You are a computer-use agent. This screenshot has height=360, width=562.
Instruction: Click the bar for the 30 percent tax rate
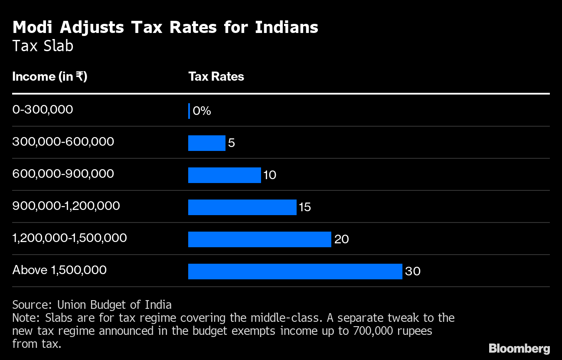click(x=295, y=271)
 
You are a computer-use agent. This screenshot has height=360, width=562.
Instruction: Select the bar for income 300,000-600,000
click(x=206, y=143)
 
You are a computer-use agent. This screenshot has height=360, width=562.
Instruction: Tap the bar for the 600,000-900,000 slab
click(x=224, y=175)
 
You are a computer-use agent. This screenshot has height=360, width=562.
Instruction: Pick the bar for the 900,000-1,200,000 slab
click(x=242, y=207)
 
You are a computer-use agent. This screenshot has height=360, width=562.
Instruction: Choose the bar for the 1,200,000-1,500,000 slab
click(x=259, y=239)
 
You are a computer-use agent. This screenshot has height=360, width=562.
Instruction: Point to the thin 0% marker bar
click(x=189, y=111)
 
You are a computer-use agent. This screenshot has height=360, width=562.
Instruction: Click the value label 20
click(x=342, y=239)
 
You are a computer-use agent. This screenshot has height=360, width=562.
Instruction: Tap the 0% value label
click(x=202, y=111)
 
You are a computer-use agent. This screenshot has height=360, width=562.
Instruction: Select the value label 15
click(x=305, y=207)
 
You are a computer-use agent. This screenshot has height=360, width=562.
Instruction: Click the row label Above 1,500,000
click(x=59, y=270)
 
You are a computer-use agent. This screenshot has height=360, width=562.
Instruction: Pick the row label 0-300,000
click(x=42, y=109)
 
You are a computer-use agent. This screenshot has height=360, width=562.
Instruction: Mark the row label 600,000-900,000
click(x=63, y=173)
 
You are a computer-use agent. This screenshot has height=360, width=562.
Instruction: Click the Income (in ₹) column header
click(x=50, y=76)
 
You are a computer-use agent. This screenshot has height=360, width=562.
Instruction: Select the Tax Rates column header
click(x=216, y=76)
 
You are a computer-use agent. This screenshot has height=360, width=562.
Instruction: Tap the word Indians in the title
click(x=287, y=27)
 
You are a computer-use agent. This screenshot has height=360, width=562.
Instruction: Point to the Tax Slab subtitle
click(x=42, y=46)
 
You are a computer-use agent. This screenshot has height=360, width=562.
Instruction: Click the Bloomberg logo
click(x=519, y=348)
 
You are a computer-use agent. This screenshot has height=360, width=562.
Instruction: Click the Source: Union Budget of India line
click(x=92, y=304)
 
